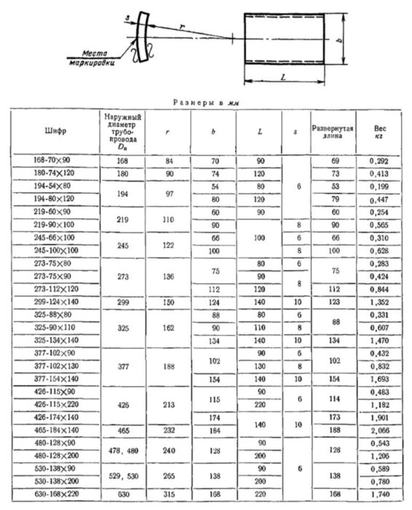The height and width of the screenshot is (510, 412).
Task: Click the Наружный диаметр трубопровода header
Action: (x=123, y=132)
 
